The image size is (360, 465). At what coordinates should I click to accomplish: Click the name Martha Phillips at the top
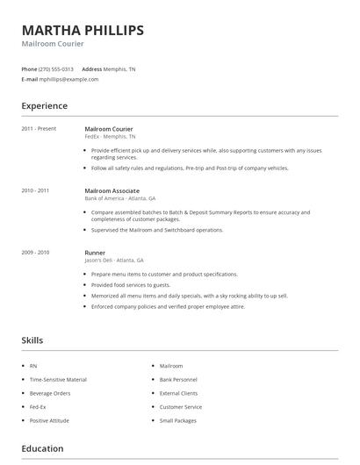tap(83, 31)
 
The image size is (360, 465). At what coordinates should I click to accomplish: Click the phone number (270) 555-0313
tap(56, 68)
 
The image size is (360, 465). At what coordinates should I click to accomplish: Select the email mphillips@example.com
tap(68, 79)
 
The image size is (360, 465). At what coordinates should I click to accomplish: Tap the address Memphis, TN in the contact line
tap(120, 68)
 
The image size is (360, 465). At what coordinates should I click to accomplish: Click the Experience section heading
tap(44, 106)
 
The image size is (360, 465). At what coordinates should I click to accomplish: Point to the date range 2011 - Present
tap(39, 129)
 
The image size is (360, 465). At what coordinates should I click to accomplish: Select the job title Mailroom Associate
tap(113, 190)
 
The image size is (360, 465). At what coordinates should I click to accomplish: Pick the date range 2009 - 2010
tap(35, 252)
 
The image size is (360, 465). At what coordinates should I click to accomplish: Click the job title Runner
tap(95, 252)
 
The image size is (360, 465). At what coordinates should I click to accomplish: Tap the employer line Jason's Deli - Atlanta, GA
tap(114, 261)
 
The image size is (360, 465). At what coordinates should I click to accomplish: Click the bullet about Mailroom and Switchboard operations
tap(157, 230)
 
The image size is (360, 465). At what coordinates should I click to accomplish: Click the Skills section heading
tap(32, 340)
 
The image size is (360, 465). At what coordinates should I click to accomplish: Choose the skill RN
tap(32, 366)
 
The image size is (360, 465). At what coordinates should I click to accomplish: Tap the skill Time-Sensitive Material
tap(58, 380)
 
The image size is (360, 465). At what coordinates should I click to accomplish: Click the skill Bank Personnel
tap(179, 380)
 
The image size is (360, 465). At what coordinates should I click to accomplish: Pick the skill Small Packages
tap(178, 421)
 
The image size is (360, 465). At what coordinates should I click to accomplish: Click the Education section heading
tap(42, 448)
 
